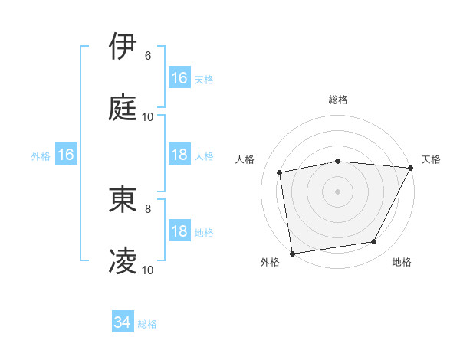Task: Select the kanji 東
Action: (x=123, y=199)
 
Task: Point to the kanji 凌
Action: (x=123, y=260)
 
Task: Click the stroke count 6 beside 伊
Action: (x=148, y=56)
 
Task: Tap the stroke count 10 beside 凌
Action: (x=148, y=270)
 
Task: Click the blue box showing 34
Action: (x=123, y=322)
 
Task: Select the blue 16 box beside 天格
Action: (x=179, y=77)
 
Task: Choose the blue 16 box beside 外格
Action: (x=66, y=155)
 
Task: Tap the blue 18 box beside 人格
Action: (x=179, y=155)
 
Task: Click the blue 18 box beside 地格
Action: (x=179, y=231)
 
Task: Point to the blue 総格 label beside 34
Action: (x=147, y=324)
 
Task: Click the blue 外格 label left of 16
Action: (x=41, y=156)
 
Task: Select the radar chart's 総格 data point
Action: (x=337, y=161)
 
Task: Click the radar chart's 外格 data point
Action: (x=292, y=253)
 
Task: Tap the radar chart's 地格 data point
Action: (x=374, y=242)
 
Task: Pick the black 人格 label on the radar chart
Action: (x=245, y=159)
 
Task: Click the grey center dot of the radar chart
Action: (x=337, y=191)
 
